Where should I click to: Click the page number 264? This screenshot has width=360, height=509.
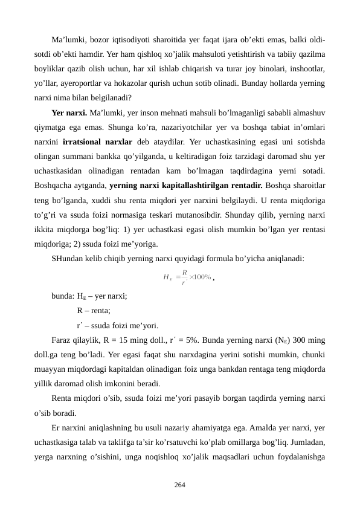(180, 484)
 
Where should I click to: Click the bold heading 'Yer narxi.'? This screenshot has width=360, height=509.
(69, 112)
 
